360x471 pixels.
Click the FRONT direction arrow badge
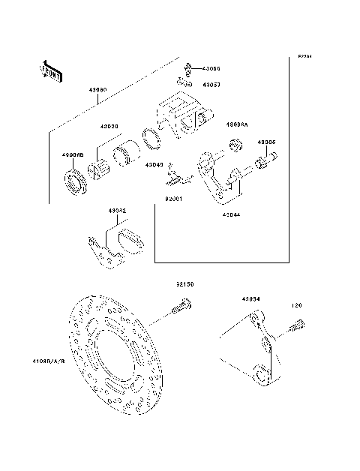pos(49,71)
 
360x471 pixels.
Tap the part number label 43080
pos(98,89)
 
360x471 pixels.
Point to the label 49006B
pos(72,155)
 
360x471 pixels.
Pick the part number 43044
pos(232,214)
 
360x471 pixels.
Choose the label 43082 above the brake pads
pos(116,211)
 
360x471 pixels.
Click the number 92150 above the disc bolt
pos(185,285)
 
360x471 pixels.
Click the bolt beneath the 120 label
pos(294,326)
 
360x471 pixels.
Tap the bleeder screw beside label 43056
pos(187,68)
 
